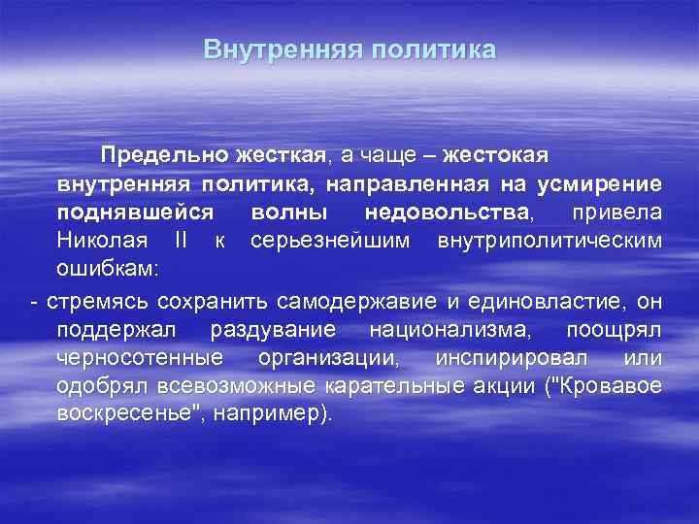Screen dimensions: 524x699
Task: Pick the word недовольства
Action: (448, 212)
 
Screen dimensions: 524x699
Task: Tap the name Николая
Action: (102, 239)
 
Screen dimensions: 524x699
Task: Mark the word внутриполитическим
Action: (550, 239)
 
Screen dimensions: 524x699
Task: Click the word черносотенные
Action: (140, 358)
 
